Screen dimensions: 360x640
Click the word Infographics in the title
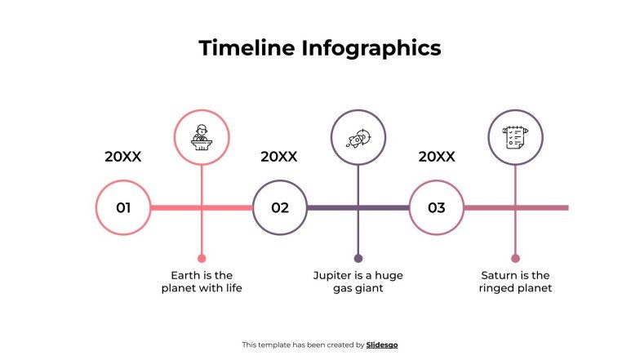pyautogui.click(x=371, y=48)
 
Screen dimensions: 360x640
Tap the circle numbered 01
pyautogui.click(x=123, y=207)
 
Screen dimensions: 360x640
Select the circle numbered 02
pyautogui.click(x=280, y=207)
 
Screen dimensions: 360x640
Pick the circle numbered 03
pyautogui.click(x=437, y=207)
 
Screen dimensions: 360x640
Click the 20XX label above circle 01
pyautogui.click(x=123, y=156)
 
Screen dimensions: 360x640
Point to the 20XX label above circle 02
pyautogui.click(x=279, y=156)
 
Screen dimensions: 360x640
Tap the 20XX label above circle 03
pyautogui.click(x=437, y=156)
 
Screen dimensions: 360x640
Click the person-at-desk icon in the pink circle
pyautogui.click(x=202, y=136)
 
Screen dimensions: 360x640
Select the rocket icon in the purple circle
pyautogui.click(x=358, y=136)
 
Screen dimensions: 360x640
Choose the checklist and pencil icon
pyautogui.click(x=515, y=136)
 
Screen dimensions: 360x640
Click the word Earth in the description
pyautogui.click(x=186, y=275)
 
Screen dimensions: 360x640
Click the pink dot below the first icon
pyautogui.click(x=202, y=258)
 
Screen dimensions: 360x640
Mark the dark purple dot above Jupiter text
pyautogui.click(x=358, y=258)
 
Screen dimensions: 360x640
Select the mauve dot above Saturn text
pyautogui.click(x=515, y=258)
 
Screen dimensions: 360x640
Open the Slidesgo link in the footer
pyautogui.click(x=382, y=344)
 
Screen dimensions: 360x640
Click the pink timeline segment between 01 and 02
pyautogui.click(x=176, y=207)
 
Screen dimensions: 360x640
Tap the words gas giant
pyautogui.click(x=358, y=288)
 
